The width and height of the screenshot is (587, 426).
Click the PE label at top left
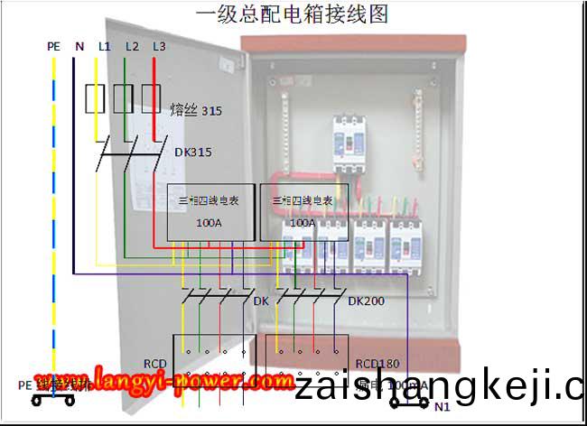point(53,45)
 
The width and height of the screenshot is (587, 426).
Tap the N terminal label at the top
point(79,45)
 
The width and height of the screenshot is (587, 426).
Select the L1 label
point(104,45)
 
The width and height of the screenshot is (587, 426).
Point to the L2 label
point(132,45)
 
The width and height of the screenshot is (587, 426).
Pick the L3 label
point(159,45)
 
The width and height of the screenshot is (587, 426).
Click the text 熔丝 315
point(195,111)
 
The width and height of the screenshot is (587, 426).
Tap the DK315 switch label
point(192,153)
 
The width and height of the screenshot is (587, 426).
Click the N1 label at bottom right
point(443,407)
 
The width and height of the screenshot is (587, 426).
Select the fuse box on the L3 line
point(151,98)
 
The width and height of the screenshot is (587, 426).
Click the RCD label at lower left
point(155,366)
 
